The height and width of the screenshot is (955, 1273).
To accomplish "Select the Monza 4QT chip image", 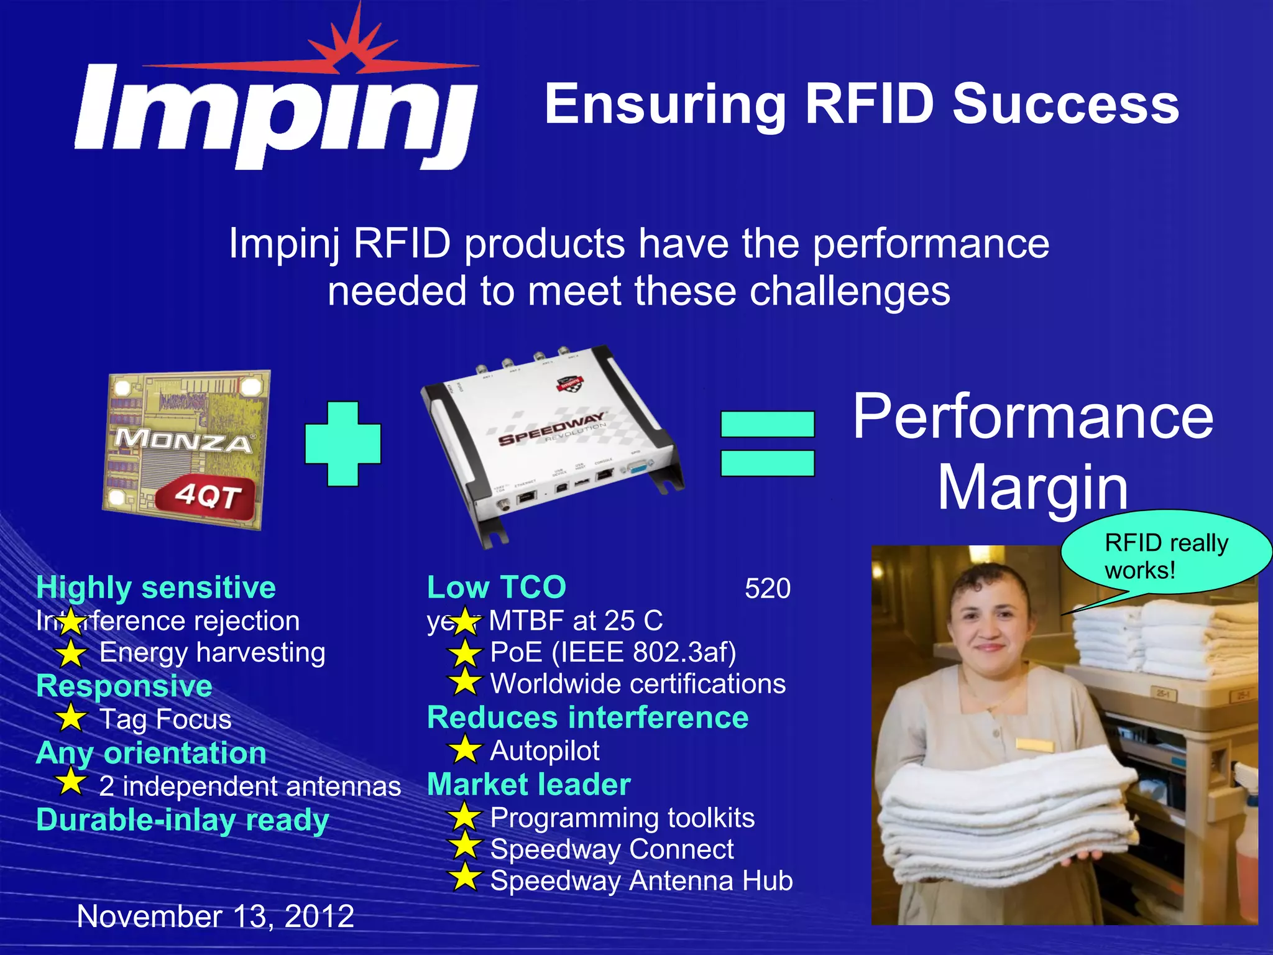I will (186, 449).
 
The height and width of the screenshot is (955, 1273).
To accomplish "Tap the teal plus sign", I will (342, 443).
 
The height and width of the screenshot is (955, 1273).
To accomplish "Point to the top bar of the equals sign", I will (767, 425).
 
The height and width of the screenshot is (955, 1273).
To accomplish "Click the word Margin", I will (1032, 488).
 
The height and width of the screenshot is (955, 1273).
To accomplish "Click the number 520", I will (767, 588).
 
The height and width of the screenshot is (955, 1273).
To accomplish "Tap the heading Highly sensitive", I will (156, 588).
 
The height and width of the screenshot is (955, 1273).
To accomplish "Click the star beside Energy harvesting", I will (71, 653).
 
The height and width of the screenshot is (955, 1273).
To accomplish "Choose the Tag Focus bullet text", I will (165, 719).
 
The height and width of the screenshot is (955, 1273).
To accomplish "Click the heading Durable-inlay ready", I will (182, 819).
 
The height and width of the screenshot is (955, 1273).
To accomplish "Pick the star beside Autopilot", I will (465, 749).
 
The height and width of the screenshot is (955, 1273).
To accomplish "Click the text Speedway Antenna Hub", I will (641, 880).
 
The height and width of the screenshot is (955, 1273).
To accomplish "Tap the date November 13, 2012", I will (215, 916).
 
